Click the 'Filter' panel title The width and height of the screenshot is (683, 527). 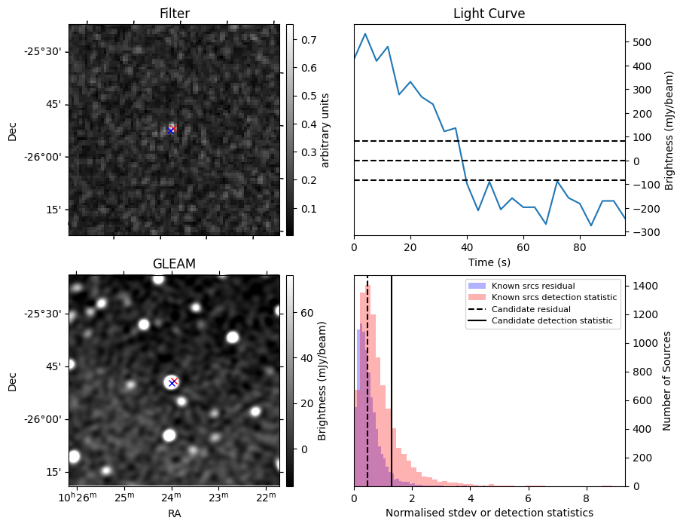pos(174,14)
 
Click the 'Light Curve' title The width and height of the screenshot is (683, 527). pos(489,14)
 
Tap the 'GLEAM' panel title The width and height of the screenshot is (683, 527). pos(174,264)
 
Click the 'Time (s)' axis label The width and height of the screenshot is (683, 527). pos(489,262)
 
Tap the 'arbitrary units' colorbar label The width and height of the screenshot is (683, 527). pos(325,130)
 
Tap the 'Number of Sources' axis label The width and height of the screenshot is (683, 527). pos(667,381)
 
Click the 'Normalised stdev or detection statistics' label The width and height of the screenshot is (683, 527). pos(489,513)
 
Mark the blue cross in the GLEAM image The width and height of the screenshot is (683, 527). pos(172,383)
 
